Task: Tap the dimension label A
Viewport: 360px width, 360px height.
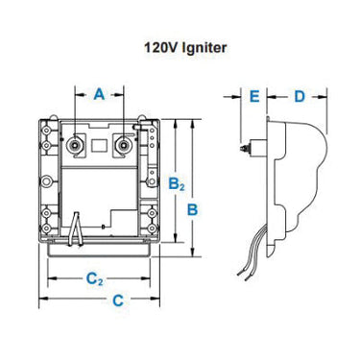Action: pyautogui.click(x=98, y=93)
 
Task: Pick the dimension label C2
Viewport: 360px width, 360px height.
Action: pyautogui.click(x=93, y=279)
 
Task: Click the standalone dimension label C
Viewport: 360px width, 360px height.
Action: pyautogui.click(x=117, y=300)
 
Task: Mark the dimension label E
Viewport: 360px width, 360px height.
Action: pyautogui.click(x=253, y=96)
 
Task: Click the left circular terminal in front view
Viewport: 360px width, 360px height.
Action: pyautogui.click(x=75, y=145)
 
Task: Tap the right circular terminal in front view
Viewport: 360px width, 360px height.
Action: pyautogui.click(x=122, y=145)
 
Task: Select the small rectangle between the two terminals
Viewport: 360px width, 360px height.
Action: pyautogui.click(x=98, y=147)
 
